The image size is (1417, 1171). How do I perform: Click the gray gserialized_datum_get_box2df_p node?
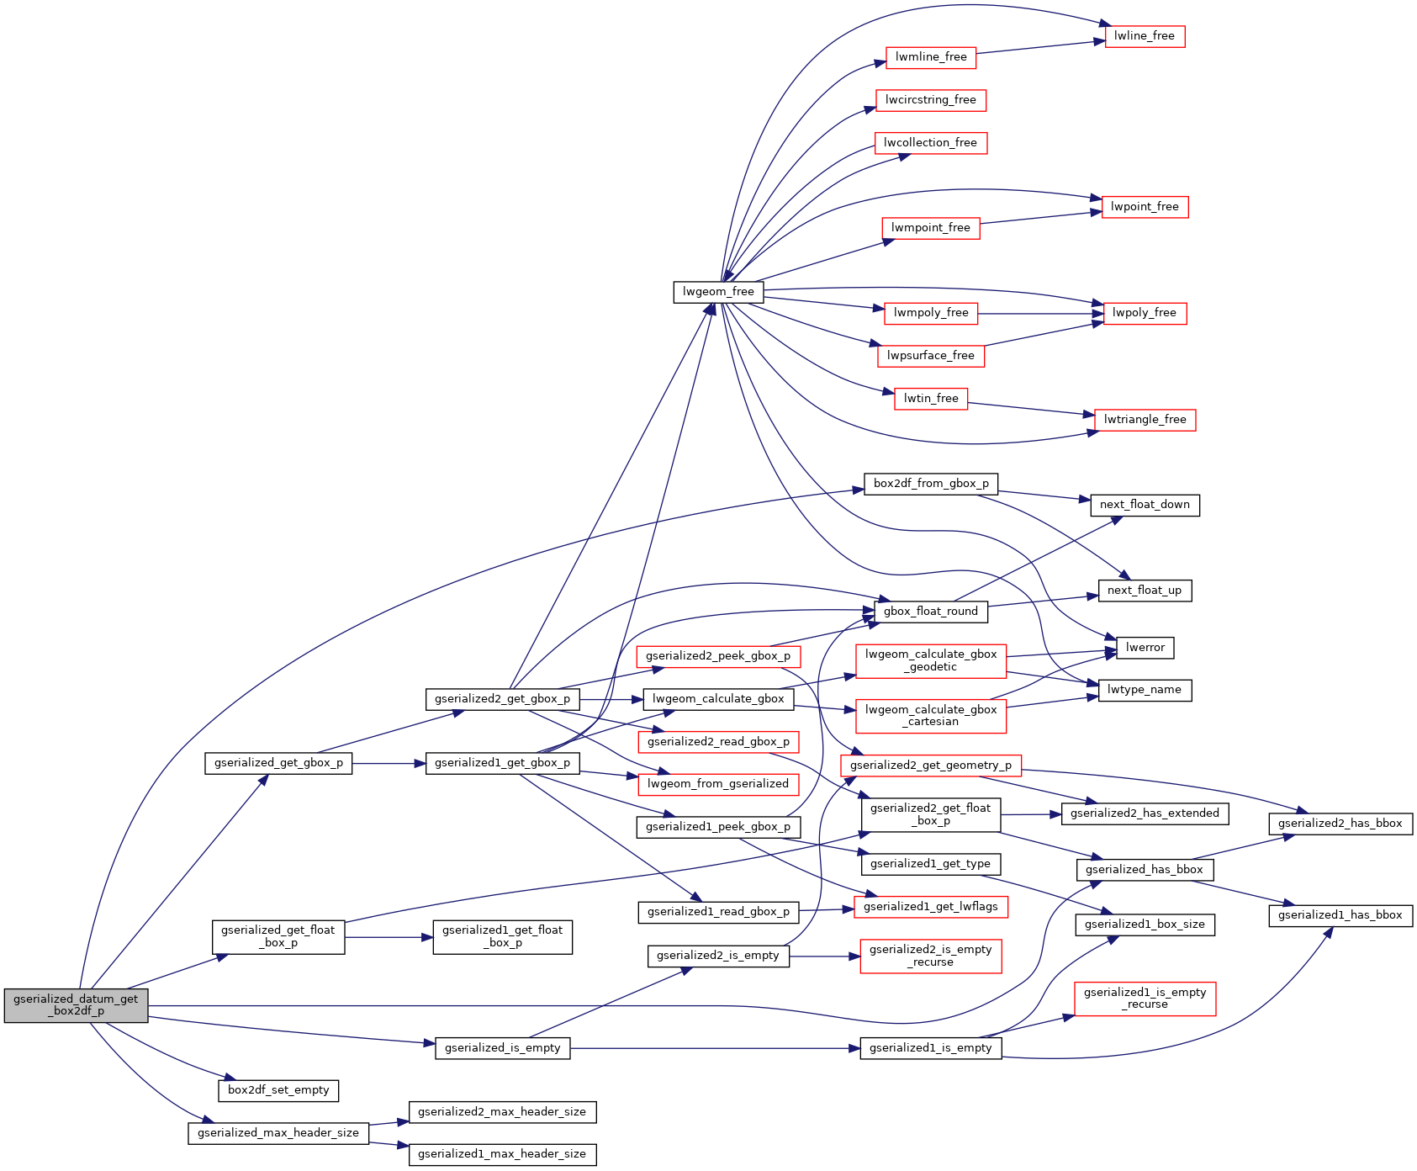[76, 1005]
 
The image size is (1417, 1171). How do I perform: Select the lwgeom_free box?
[718, 292]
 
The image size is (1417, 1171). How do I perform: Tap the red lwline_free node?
[1144, 36]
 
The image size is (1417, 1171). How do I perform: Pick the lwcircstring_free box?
[930, 100]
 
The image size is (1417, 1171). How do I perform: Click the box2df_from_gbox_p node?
[931, 484]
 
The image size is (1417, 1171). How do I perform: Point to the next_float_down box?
[1145, 505]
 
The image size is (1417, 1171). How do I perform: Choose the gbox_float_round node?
[931, 612]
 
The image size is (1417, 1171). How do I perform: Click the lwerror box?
[1145, 648]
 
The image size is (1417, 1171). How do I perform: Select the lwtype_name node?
[1145, 690]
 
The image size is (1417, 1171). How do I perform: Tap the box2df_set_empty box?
[278, 1090]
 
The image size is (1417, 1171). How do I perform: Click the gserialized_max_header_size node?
[278, 1133]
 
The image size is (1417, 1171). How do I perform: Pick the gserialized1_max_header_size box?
[502, 1154]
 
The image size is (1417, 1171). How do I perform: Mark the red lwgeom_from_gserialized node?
[718, 784]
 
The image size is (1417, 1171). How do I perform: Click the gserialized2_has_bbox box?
[1340, 824]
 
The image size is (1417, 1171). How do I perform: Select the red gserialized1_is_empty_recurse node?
[1145, 999]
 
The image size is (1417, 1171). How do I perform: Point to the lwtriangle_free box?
[1145, 420]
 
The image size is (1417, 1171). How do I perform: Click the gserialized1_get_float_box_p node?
[502, 936]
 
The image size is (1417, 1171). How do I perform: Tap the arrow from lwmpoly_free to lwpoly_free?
[1034, 314]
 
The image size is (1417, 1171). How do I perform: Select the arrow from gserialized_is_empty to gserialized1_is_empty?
[715, 1049]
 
